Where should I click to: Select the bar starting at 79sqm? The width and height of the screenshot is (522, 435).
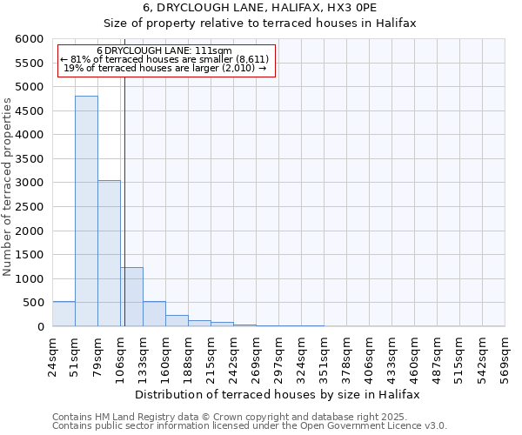click(x=109, y=253)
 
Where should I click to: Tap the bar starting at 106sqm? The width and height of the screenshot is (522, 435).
click(x=131, y=297)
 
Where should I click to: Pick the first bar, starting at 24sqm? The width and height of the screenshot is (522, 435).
click(x=64, y=314)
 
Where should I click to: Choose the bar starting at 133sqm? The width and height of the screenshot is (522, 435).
click(x=154, y=314)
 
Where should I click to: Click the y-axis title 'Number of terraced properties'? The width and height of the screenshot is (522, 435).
click(x=8, y=187)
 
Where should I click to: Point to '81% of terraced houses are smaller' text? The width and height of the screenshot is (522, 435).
click(x=164, y=59)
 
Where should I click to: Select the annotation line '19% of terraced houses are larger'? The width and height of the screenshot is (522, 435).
click(x=164, y=67)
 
